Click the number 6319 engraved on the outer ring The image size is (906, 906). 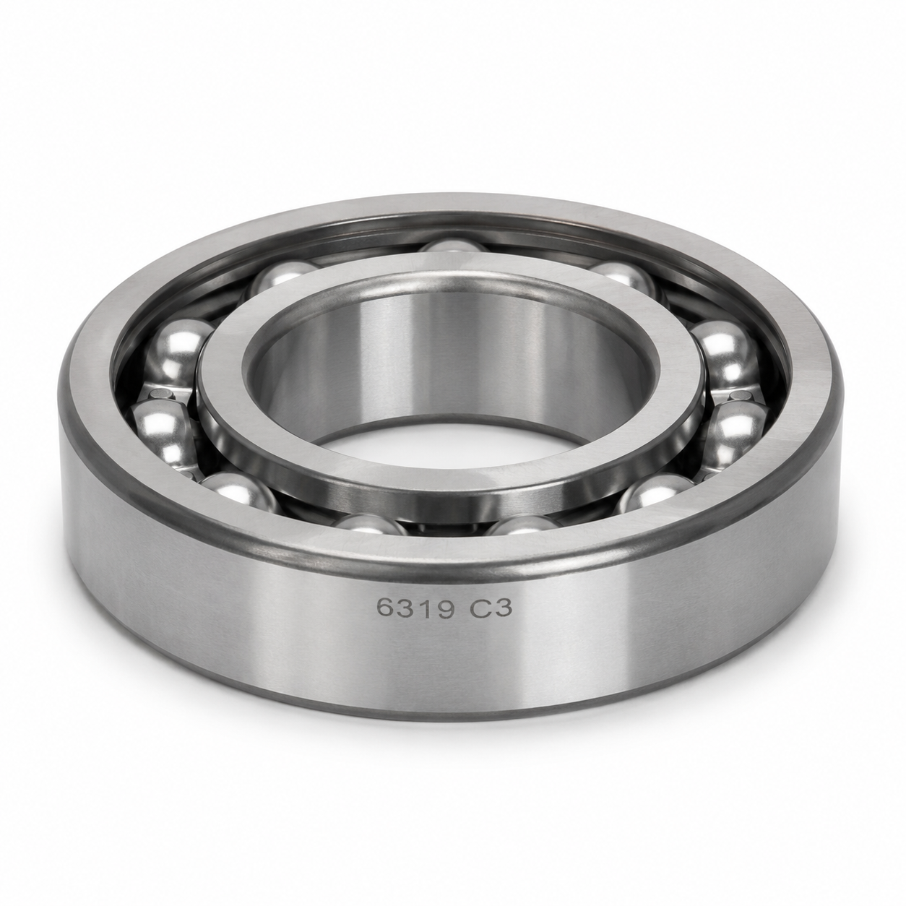(415, 609)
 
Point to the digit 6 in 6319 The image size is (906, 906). (386, 609)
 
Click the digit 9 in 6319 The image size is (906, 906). (444, 608)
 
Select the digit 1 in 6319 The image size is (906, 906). (426, 608)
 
